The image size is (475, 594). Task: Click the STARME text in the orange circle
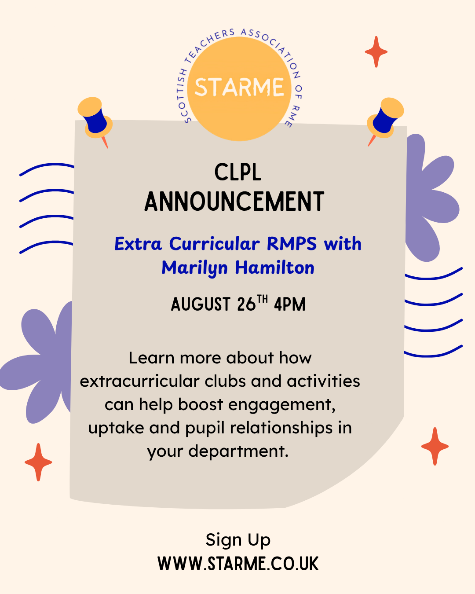click(x=239, y=87)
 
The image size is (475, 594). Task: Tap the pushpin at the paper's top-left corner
click(x=95, y=121)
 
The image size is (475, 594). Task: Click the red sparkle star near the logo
click(x=376, y=51)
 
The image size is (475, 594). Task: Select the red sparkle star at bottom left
click(x=38, y=462)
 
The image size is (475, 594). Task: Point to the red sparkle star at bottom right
click(x=435, y=446)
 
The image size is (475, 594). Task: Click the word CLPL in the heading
click(x=237, y=172)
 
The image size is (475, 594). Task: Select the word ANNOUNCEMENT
click(x=234, y=202)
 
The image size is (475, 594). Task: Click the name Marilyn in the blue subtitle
click(x=194, y=268)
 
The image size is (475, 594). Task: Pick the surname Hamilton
click(x=274, y=268)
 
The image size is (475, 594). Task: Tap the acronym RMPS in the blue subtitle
click(x=292, y=244)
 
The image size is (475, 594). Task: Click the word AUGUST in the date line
click(x=201, y=304)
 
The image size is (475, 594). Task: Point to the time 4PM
click(x=290, y=304)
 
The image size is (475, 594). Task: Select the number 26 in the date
click(x=246, y=304)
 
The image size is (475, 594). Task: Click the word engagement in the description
click(x=282, y=405)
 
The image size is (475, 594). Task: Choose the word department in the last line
click(x=238, y=452)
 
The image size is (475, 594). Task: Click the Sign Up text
click(x=238, y=540)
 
